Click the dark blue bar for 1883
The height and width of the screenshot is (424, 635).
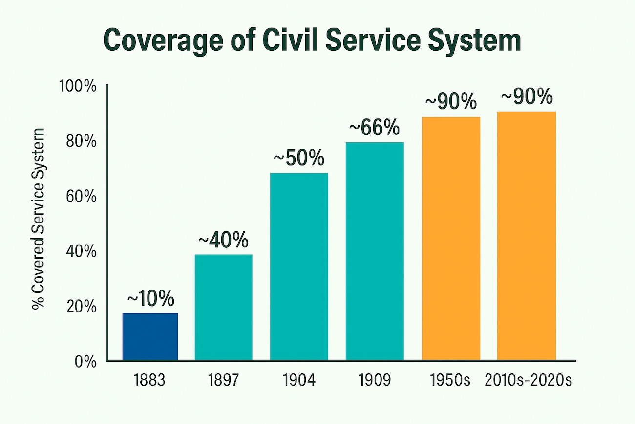tap(150, 337)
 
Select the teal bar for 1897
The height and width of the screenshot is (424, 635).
tap(223, 308)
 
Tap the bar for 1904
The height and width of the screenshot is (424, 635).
tap(299, 267)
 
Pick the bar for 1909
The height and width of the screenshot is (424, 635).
tap(375, 251)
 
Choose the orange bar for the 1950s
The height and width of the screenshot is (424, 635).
tap(450, 239)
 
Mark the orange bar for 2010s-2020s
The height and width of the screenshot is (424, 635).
tap(526, 236)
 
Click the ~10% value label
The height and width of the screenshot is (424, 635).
tap(150, 298)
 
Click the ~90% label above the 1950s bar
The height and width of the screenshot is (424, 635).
tap(450, 102)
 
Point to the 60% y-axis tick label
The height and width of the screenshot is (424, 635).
tap(80, 197)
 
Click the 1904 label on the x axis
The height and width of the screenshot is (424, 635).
tap(299, 380)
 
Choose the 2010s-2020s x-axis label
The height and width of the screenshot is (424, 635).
tap(528, 380)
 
